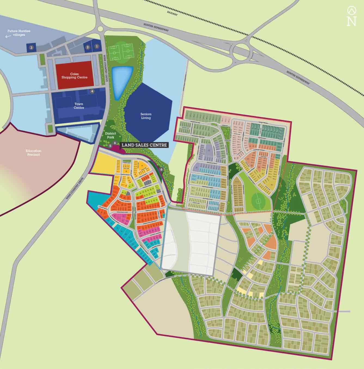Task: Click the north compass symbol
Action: [351, 16]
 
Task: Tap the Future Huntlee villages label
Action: [19, 33]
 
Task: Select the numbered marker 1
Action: [97, 47]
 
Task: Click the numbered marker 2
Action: [88, 47]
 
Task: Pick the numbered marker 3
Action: [31, 48]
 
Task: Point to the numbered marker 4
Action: [92, 91]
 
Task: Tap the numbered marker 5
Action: [110, 146]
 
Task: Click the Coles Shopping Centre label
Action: [74, 76]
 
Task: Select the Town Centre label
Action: [79, 106]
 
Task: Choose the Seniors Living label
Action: [146, 116]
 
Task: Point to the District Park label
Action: [111, 135]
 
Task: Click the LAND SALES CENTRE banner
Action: [144, 145]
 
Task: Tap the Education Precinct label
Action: [33, 153]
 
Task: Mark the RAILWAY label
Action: [172, 13]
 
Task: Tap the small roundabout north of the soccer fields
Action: [100, 28]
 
